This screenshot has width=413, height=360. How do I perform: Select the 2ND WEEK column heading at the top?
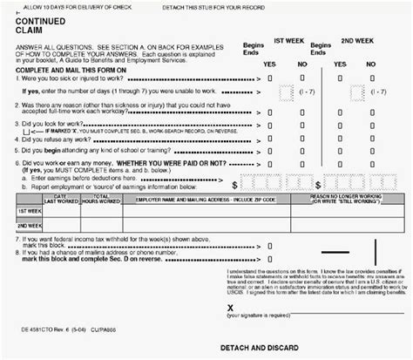(360, 41)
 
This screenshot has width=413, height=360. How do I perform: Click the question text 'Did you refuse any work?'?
(61, 139)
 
